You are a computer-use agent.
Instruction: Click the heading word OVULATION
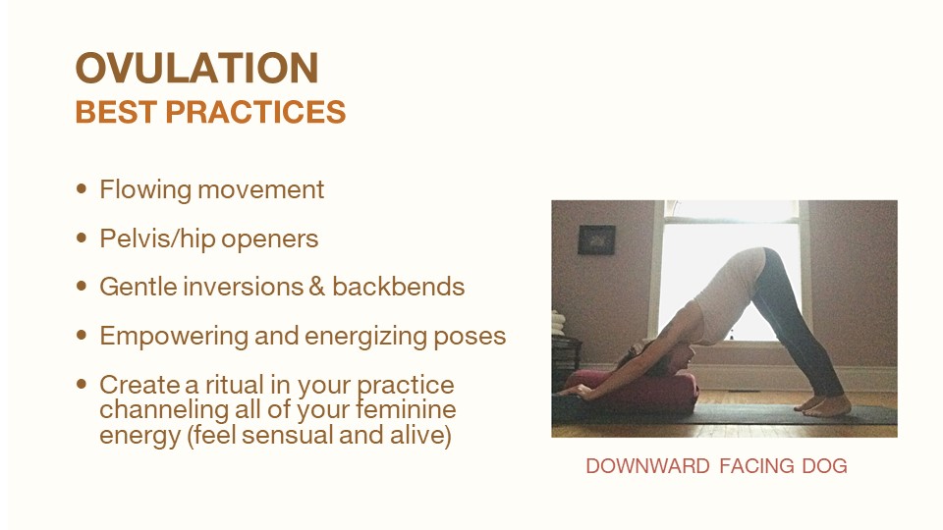196,68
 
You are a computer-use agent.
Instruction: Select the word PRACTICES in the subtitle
255,112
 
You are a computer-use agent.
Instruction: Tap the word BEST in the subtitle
116,112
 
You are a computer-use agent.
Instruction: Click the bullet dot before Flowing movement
82,188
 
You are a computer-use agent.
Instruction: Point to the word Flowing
145,189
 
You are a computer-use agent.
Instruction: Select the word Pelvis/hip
157,238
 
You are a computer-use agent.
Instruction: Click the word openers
269,239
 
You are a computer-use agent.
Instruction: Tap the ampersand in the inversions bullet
316,287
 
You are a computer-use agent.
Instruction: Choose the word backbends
398,287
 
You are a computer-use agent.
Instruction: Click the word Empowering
174,336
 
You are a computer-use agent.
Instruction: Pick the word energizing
366,337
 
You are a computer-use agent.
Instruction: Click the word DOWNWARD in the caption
647,465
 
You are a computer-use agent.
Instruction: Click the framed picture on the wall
596,239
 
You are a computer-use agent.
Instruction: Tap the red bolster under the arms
632,391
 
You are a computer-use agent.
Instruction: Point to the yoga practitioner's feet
823,406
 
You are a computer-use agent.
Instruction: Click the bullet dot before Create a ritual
82,384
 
